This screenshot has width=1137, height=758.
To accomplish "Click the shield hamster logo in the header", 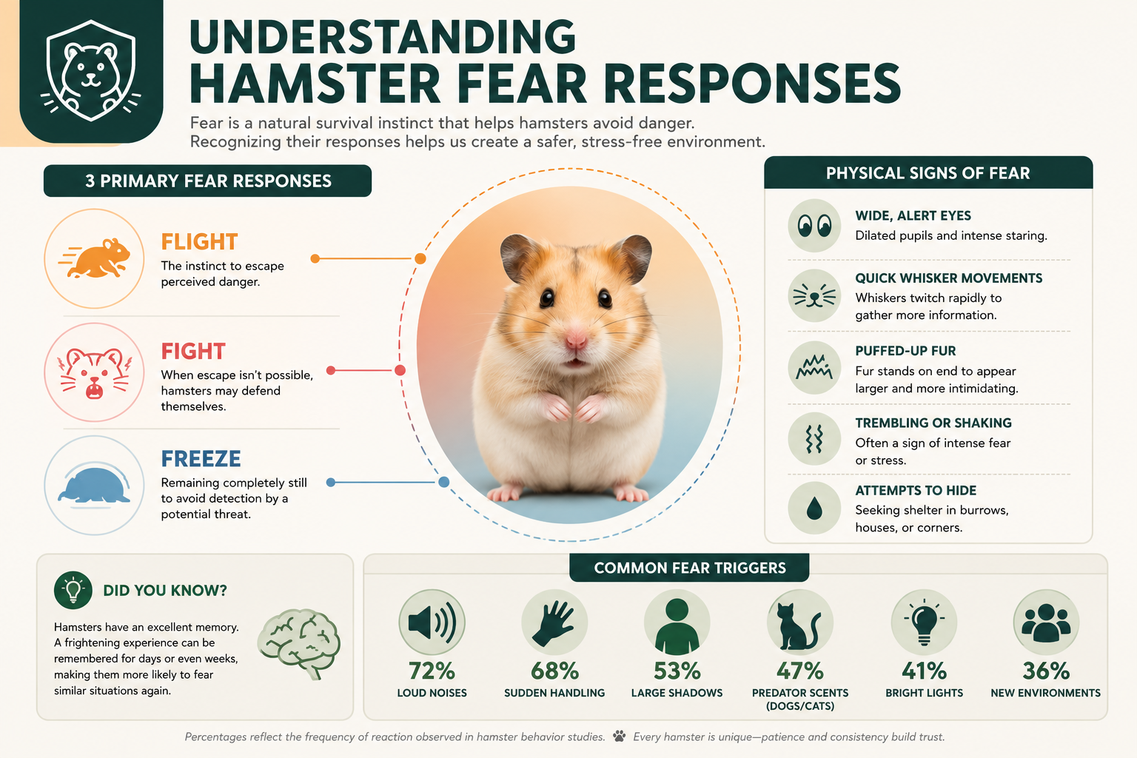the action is [x=91, y=70].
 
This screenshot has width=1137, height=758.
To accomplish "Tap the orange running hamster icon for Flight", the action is [x=95, y=258].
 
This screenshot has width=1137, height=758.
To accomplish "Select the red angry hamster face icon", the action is [x=95, y=372].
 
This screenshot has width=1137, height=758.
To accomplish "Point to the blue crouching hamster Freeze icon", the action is [x=95, y=486].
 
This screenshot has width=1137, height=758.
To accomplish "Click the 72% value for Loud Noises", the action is [x=432, y=671].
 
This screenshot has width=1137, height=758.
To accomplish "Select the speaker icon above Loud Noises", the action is [x=432, y=623].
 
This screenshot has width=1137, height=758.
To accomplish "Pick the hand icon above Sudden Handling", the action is [x=554, y=623].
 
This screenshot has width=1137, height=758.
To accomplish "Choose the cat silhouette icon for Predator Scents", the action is [x=799, y=626].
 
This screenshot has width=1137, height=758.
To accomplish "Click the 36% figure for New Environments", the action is [x=1046, y=671].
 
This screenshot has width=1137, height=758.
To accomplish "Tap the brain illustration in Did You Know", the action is [x=300, y=644].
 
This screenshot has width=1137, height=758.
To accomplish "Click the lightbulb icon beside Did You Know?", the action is [x=73, y=590].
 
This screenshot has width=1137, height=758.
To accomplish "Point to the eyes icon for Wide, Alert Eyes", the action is [x=814, y=226].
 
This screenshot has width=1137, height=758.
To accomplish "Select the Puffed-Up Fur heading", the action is [x=905, y=351].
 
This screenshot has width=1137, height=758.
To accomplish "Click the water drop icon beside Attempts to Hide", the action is [x=814, y=509].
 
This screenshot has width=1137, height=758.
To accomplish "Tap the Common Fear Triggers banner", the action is [x=689, y=568].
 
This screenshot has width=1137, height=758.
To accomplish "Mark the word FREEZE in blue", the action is [x=201, y=459].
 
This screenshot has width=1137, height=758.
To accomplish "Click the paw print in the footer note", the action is [x=620, y=737].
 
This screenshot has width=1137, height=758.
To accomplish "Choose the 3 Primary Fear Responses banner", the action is [x=207, y=181].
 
